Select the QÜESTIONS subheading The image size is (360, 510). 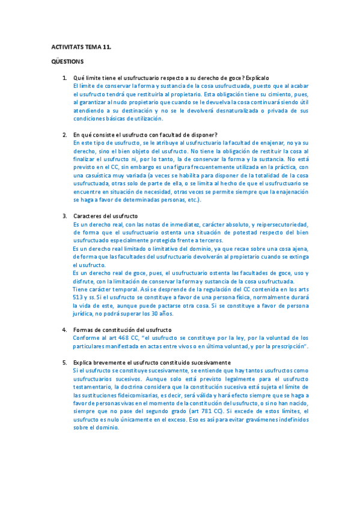click(x=67, y=61)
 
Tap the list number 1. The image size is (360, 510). click(x=64, y=78)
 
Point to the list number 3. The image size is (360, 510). click(x=64, y=216)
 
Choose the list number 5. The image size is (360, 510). click(x=64, y=363)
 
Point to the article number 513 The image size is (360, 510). click(x=79, y=297)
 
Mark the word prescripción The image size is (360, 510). click(x=286, y=346)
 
